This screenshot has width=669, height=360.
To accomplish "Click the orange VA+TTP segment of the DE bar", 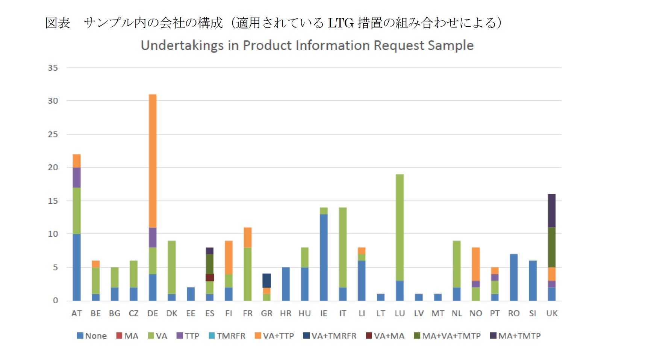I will coord(153,161).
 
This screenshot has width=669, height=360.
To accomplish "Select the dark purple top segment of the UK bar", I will coord(551,210).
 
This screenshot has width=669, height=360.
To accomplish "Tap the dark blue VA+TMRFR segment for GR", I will coord(266,280).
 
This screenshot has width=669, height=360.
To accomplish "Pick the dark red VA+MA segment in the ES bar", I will coord(210,277).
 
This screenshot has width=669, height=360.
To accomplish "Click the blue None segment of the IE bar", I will coord(324,257).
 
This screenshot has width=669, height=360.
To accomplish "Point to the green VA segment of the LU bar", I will coord(400,227).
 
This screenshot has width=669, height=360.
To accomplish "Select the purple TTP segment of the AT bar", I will coord(77,177).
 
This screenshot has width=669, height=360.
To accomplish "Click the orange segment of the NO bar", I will coord(475,264).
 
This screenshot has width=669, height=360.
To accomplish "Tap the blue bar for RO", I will coord(513,277).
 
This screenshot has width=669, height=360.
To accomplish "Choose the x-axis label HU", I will coord(304,313).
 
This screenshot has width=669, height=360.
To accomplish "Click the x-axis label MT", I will coord(437,313).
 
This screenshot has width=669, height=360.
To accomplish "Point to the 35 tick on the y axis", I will coord(53,68).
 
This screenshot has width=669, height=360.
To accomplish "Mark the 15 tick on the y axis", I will coord(53,201).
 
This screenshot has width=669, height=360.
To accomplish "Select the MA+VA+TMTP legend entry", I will coord(447,336).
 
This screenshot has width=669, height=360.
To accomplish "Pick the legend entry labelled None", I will coord(92,336).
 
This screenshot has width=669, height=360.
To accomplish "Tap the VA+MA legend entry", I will coord(385,336).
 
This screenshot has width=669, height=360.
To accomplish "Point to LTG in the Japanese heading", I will coord(341,23).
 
